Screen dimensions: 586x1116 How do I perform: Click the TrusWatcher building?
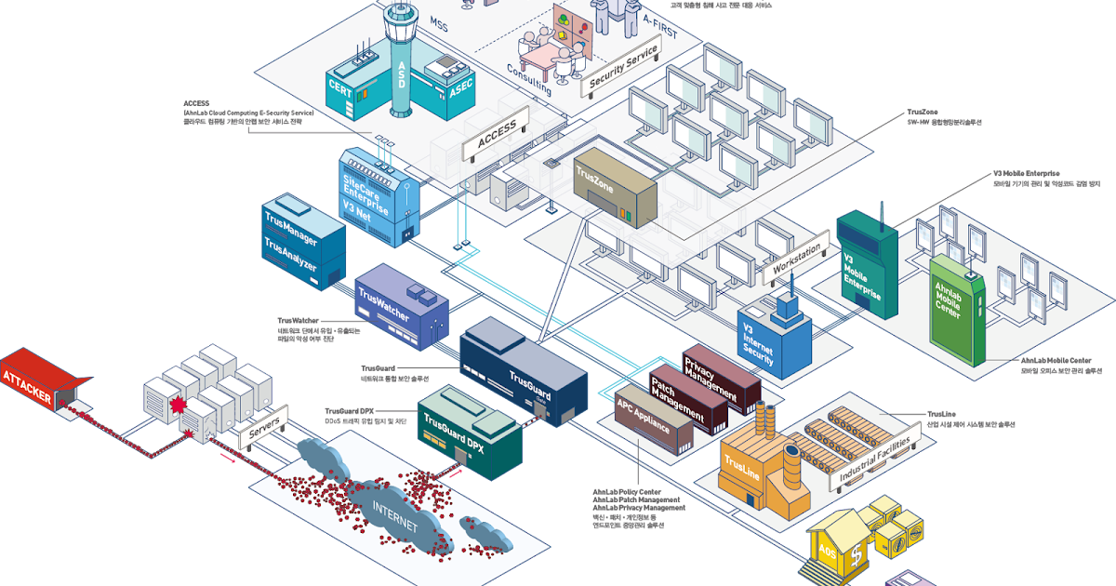pos(400,308)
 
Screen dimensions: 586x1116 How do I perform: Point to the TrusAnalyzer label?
pos(290,256)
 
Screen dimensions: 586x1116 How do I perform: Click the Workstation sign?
pos(797,260)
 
